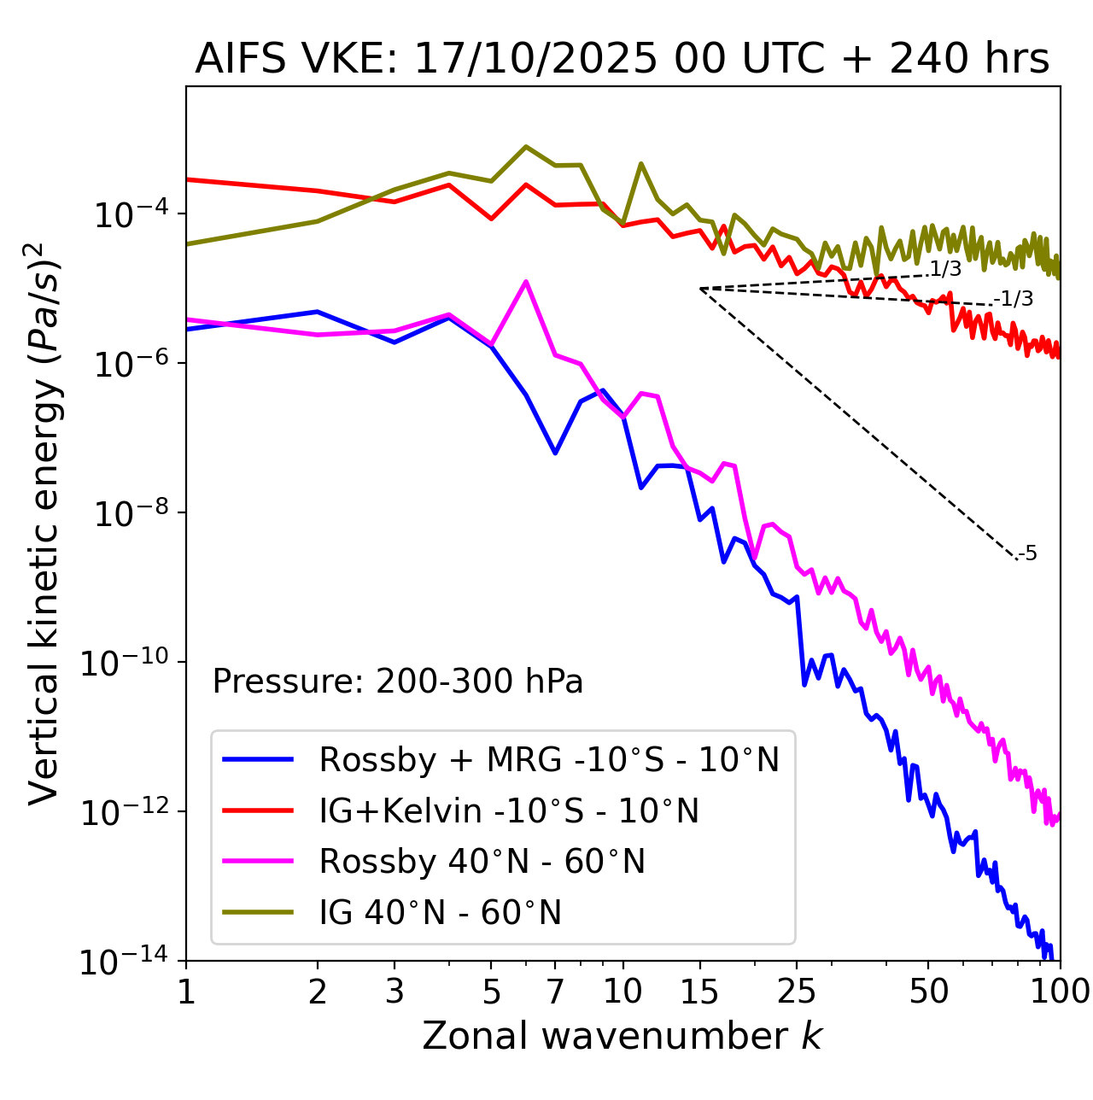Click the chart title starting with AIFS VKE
tap(622, 59)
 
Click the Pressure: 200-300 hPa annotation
tap(398, 682)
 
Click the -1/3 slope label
tap(1014, 299)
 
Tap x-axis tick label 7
tap(555, 992)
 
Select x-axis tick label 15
tap(699, 992)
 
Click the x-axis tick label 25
tap(797, 992)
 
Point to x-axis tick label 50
tap(928, 992)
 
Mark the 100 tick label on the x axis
tap(1059, 992)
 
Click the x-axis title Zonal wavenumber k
tap(622, 1036)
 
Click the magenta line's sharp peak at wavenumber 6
tap(526, 281)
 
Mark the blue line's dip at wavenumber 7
tap(555, 453)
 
